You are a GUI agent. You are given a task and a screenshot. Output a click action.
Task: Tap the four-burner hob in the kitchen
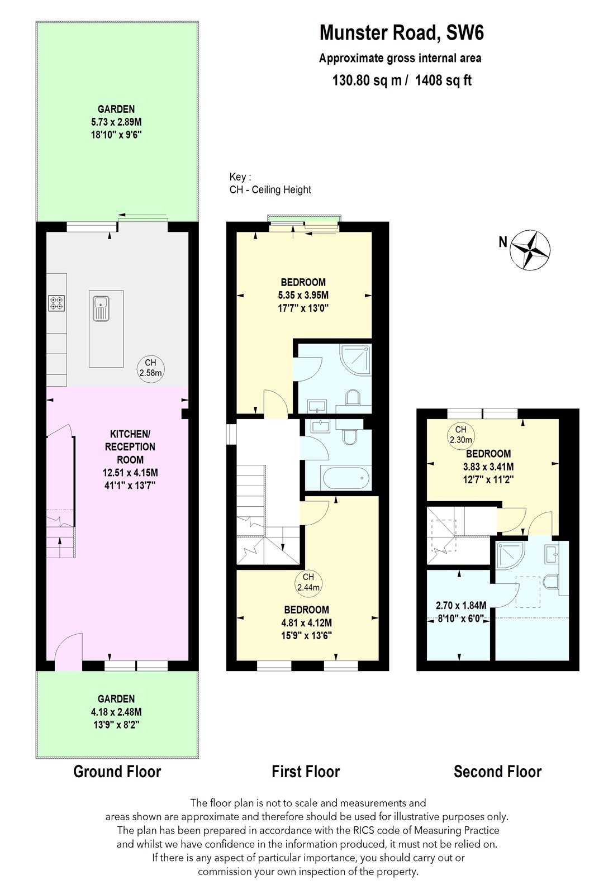point(56,303)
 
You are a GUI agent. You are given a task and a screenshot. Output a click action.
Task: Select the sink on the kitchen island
point(101,308)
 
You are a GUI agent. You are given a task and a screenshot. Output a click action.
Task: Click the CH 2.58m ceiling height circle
point(151,368)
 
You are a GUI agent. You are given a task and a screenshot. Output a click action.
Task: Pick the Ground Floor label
point(117,772)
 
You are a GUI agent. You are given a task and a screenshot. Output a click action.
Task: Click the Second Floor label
point(497,772)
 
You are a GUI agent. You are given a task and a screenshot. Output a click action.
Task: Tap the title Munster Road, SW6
point(401,33)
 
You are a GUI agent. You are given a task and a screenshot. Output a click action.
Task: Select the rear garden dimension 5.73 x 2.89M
point(116,122)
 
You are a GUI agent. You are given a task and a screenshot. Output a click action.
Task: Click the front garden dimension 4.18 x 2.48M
point(116,712)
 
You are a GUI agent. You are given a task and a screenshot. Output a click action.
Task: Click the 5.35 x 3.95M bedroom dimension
point(303,295)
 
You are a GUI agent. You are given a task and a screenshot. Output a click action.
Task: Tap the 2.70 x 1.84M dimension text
point(460,605)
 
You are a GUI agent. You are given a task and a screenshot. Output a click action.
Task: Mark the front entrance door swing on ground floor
point(69,648)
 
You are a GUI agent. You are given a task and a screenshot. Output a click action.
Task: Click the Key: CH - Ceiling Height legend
point(270,183)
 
